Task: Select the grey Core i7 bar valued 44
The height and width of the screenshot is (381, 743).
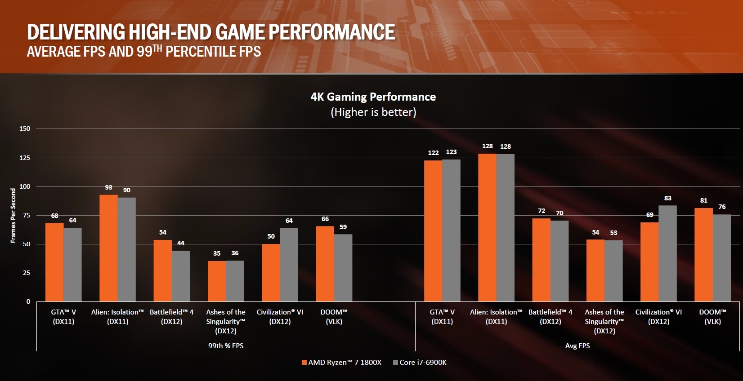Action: click(181, 276)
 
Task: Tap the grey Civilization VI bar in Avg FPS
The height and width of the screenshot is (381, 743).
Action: click(667, 253)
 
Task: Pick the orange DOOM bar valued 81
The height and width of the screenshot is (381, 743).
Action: click(703, 255)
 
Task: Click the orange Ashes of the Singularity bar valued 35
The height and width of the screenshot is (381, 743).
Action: click(217, 281)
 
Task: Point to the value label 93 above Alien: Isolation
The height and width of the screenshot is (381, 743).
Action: click(108, 187)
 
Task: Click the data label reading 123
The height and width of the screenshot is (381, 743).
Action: click(451, 152)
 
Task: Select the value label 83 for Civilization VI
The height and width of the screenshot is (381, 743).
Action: click(667, 198)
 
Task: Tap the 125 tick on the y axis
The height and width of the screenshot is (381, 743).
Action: click(25, 158)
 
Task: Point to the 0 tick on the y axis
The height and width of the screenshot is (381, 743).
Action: click(28, 301)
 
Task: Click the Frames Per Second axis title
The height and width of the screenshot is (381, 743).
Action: click(13, 216)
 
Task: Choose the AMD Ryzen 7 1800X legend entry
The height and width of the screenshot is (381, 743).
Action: click(341, 363)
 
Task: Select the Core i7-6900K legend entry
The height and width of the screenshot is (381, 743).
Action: click(420, 363)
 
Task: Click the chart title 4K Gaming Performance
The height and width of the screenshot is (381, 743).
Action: click(373, 97)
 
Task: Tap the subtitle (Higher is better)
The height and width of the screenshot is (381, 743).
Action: click(373, 112)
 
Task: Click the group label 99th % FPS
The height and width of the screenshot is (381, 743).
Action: click(226, 346)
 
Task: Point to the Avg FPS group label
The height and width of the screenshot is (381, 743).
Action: click(577, 346)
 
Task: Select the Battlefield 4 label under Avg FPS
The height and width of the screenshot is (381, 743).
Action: click(551, 317)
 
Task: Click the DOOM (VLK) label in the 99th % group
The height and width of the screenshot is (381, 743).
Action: click(334, 317)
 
